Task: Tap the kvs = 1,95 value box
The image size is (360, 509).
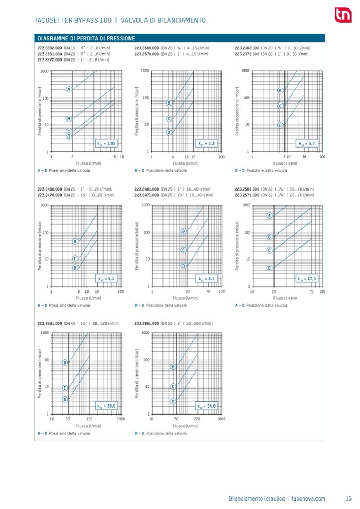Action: point(106,143)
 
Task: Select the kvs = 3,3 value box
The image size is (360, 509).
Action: point(206,143)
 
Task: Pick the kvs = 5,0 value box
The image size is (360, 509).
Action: point(306,143)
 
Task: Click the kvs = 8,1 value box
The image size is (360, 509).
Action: point(206,278)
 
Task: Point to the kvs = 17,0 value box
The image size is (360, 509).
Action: point(306,278)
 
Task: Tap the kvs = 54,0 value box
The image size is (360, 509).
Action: point(206,406)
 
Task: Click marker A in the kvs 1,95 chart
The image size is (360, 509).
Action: point(69,89)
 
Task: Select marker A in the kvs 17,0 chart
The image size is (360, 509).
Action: point(269,215)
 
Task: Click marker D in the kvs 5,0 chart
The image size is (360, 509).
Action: point(280,125)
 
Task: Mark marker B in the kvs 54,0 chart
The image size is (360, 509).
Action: point(173,367)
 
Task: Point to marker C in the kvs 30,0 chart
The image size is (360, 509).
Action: point(65,388)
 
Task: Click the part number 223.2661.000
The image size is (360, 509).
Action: point(49,323)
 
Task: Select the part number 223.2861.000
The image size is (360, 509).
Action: point(147,323)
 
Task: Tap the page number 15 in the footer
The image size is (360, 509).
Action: point(349,498)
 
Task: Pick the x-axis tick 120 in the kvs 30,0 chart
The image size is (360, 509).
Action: point(89,419)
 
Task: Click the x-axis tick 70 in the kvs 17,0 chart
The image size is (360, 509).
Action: point(311,291)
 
